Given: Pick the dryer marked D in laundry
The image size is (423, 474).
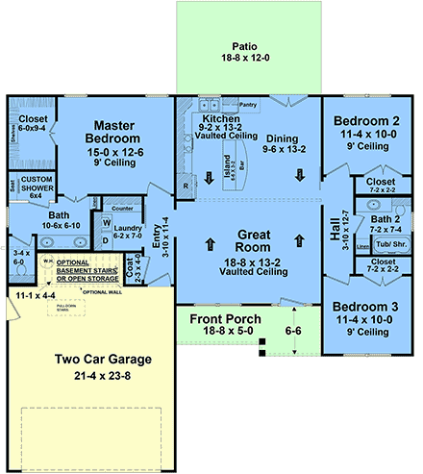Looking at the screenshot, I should [x=106, y=239].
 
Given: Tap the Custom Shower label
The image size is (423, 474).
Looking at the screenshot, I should [x=37, y=184].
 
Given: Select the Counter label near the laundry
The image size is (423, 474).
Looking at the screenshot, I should [x=121, y=207].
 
